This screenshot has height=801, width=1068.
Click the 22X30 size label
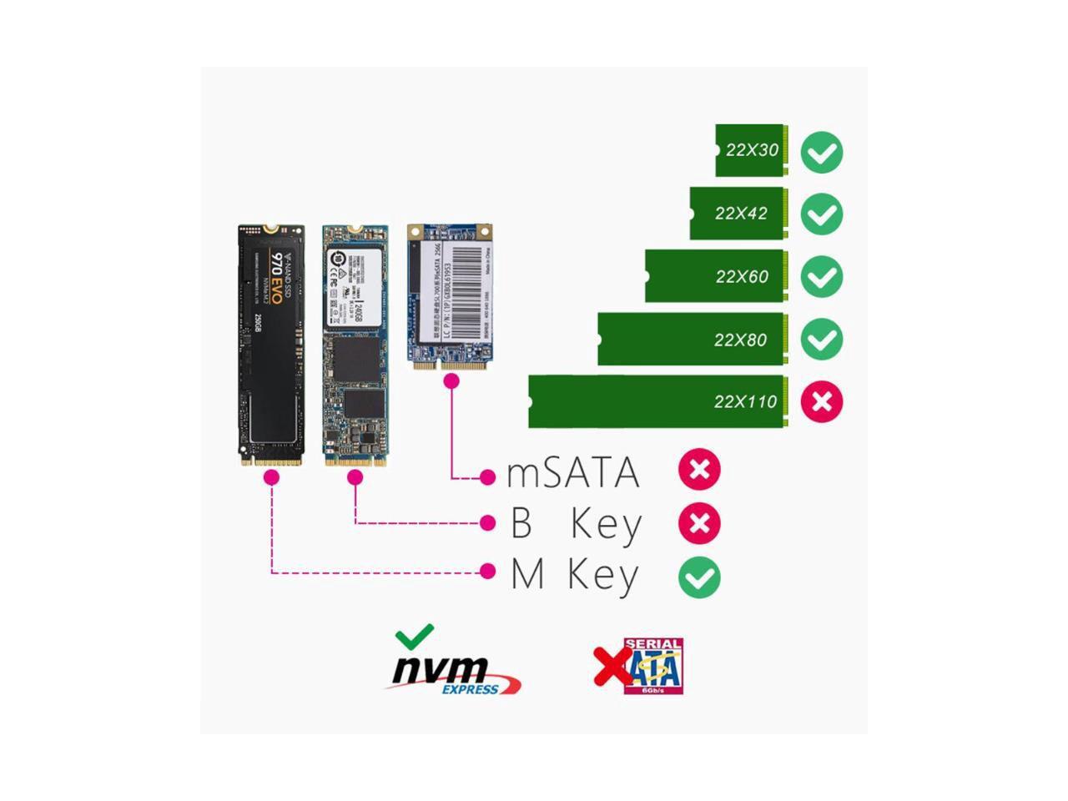(x=752, y=151)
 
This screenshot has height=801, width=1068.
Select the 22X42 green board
(x=738, y=214)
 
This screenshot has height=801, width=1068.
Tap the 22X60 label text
(x=742, y=276)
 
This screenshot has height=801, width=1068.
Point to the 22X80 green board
(x=691, y=339)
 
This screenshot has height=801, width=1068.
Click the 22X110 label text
(x=745, y=401)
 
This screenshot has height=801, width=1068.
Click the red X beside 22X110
(x=822, y=401)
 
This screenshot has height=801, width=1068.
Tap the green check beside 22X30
(x=822, y=153)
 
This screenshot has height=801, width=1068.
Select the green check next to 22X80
(x=822, y=340)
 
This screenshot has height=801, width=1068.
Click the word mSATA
(x=573, y=473)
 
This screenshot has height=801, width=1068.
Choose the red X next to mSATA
(x=699, y=470)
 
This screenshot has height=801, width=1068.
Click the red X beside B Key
(x=699, y=524)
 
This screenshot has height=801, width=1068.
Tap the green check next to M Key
(x=699, y=577)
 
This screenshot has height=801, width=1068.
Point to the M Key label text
(x=575, y=576)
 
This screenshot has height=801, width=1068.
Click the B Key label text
(x=576, y=524)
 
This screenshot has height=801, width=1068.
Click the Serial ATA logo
(x=652, y=667)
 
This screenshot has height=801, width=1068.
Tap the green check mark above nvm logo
(x=415, y=637)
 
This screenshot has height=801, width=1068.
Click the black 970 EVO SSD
(x=271, y=342)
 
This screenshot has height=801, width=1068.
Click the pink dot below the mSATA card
(x=451, y=381)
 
